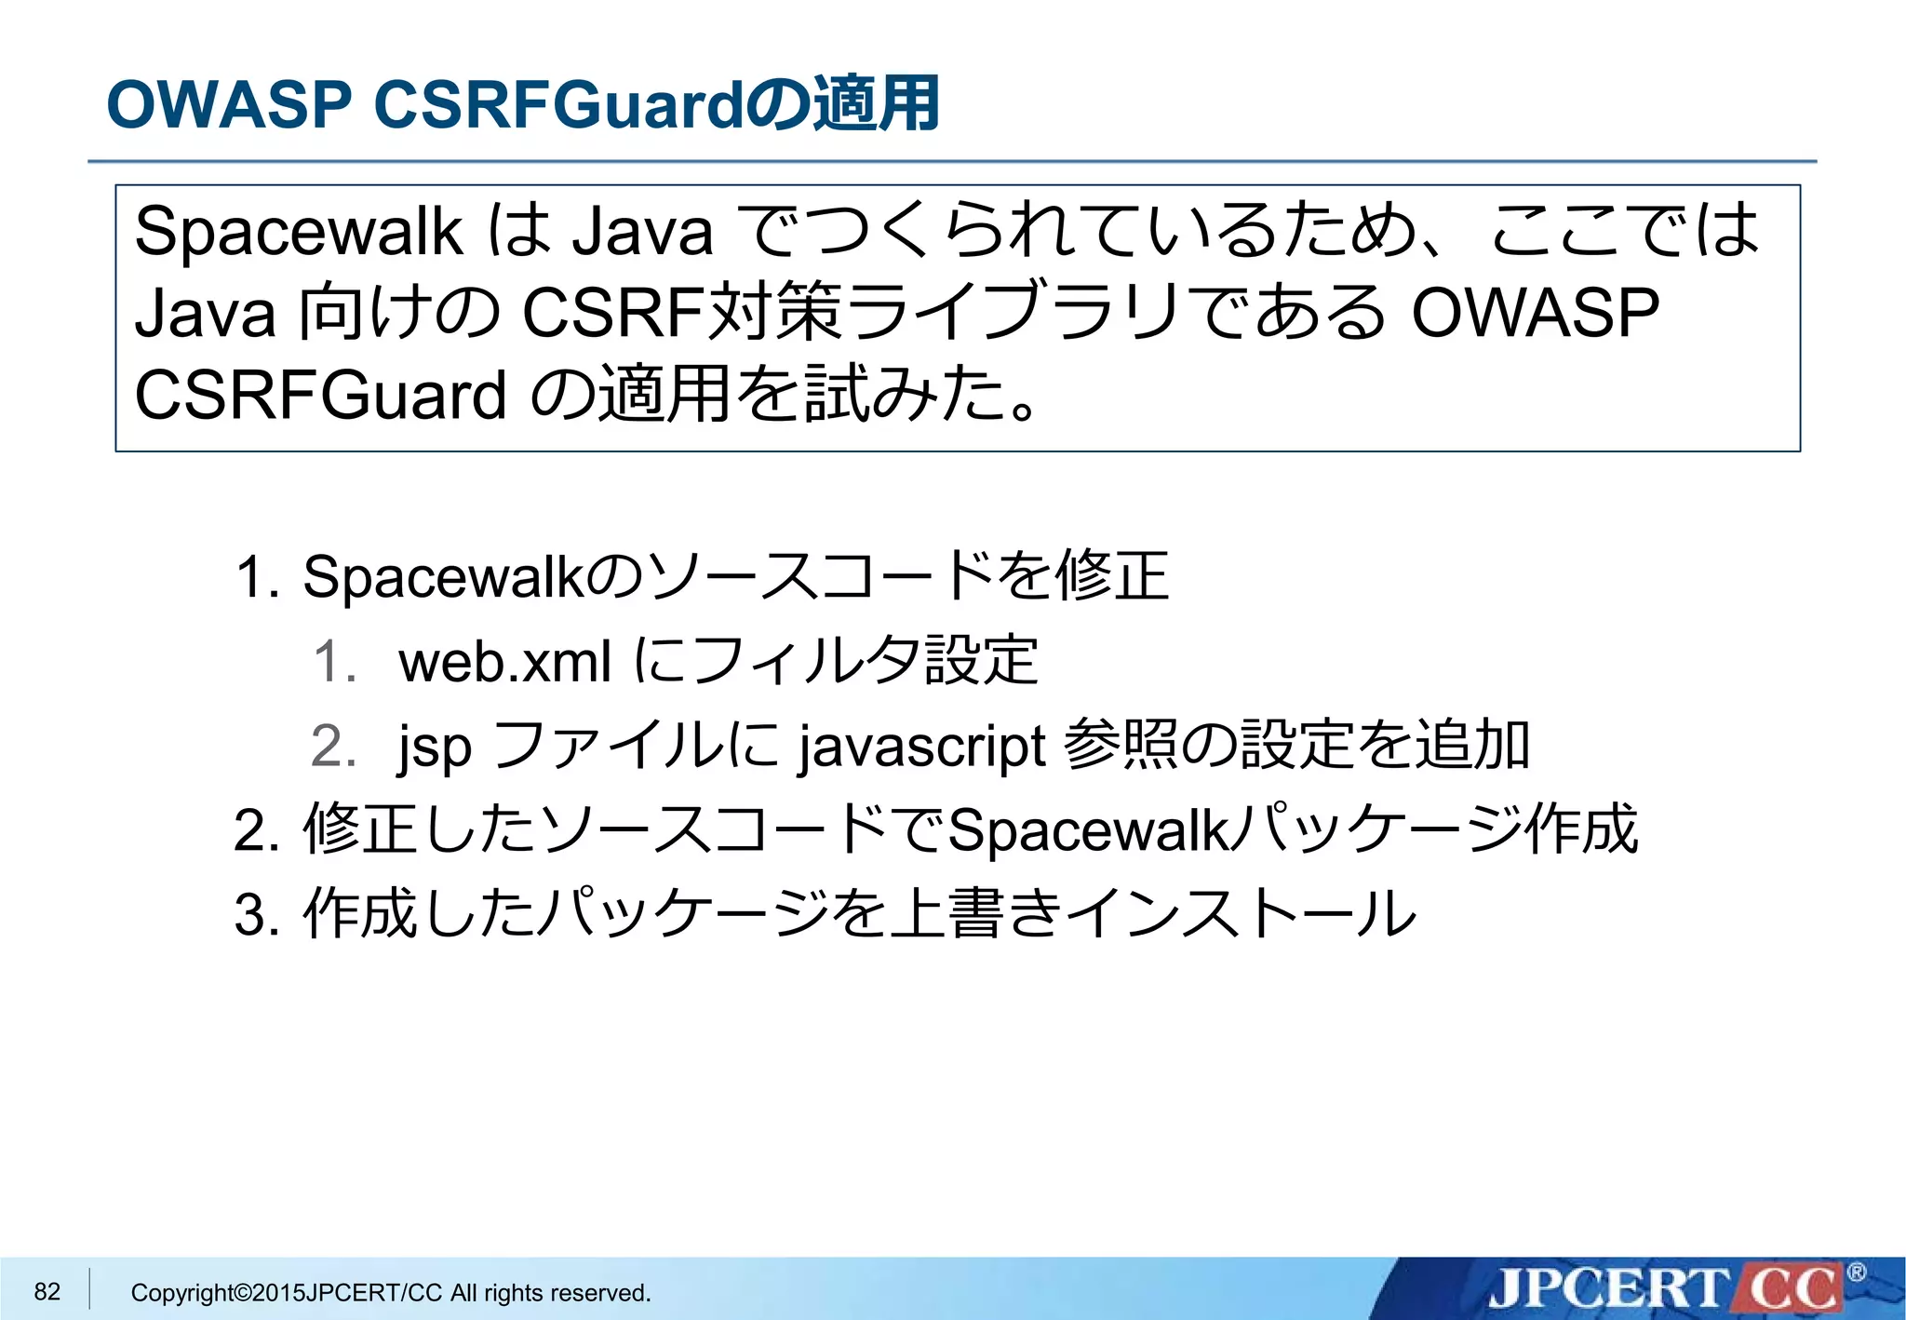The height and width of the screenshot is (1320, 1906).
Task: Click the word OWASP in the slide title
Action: click(229, 103)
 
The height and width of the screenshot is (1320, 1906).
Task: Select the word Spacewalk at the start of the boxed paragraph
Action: click(298, 231)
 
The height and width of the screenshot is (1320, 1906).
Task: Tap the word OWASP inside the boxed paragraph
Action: click(1535, 313)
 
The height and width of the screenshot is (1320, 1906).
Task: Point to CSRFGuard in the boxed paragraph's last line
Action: click(320, 396)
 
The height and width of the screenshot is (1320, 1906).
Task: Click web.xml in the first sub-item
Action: click(504, 662)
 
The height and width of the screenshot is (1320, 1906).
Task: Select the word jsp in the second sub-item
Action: click(435, 747)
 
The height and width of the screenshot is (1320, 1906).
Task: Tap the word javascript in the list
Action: click(921, 747)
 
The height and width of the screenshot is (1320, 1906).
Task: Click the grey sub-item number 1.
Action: click(333, 662)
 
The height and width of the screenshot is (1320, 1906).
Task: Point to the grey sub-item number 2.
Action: click(333, 747)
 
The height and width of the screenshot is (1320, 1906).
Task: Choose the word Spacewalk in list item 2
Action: click(1088, 829)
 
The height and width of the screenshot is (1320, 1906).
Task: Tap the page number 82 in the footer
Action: click(47, 1291)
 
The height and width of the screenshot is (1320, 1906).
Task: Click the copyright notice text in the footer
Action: click(391, 1293)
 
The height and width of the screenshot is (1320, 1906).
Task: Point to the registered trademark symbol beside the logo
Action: click(1856, 1273)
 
